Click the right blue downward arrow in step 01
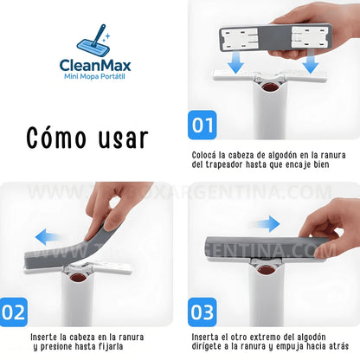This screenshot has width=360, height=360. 309,67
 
